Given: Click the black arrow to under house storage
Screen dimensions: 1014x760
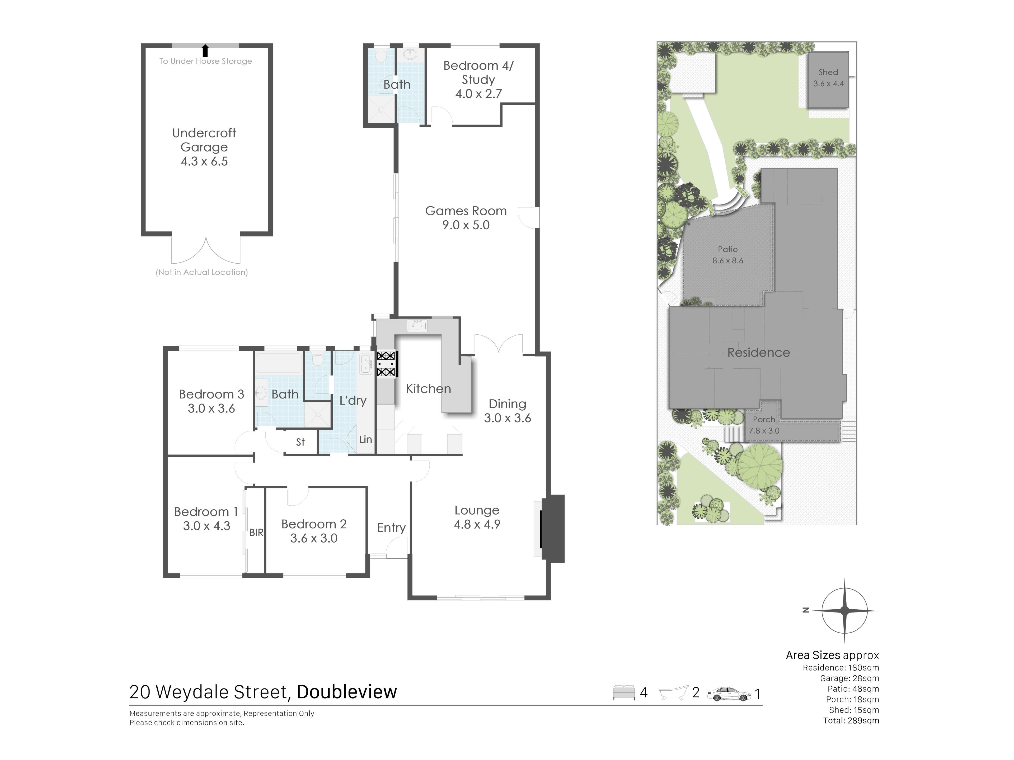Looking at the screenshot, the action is pyautogui.click(x=205, y=50).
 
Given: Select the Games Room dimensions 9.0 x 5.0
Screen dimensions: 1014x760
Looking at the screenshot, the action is pyautogui.click(x=466, y=225).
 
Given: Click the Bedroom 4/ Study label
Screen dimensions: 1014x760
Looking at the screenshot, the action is pyautogui.click(x=478, y=72).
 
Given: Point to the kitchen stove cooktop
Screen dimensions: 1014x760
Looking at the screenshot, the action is pyautogui.click(x=386, y=364).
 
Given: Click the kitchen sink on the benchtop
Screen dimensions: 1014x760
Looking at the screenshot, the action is pyautogui.click(x=417, y=326).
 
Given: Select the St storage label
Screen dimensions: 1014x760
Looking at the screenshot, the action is pyautogui.click(x=300, y=442).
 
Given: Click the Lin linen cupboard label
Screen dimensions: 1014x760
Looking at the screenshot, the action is pyautogui.click(x=365, y=439).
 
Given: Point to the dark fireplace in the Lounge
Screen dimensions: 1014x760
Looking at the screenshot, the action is pyautogui.click(x=552, y=528).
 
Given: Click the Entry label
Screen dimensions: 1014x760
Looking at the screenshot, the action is pyautogui.click(x=391, y=528).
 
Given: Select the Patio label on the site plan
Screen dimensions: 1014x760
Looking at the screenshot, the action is pyautogui.click(x=727, y=249).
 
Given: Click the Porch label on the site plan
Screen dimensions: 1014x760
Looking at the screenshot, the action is pyautogui.click(x=764, y=419).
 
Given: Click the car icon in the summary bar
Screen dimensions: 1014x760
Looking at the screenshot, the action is pyautogui.click(x=729, y=694).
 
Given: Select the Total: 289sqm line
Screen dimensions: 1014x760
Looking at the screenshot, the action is pyautogui.click(x=851, y=721).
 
